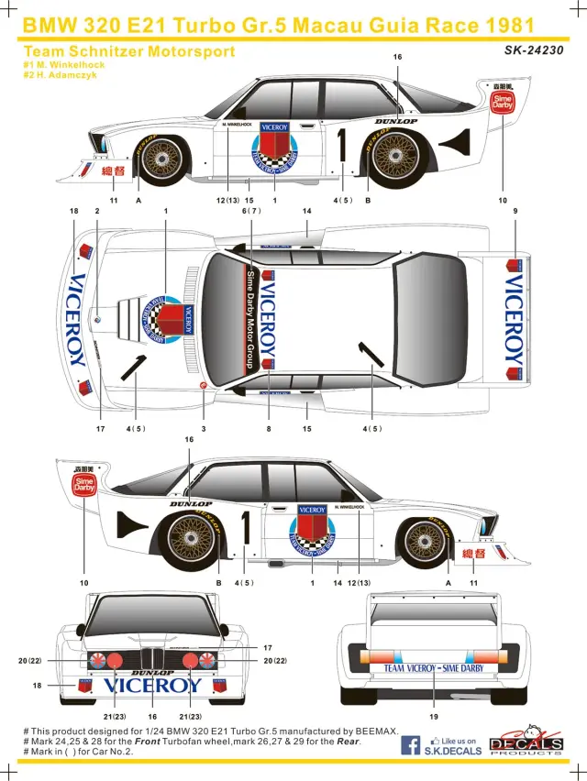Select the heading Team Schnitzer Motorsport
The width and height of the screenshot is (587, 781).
pyautogui.click(x=129, y=51)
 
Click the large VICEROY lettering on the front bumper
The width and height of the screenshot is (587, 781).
pyautogui.click(x=153, y=684)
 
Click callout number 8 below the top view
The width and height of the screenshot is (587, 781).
pyautogui.click(x=269, y=428)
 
